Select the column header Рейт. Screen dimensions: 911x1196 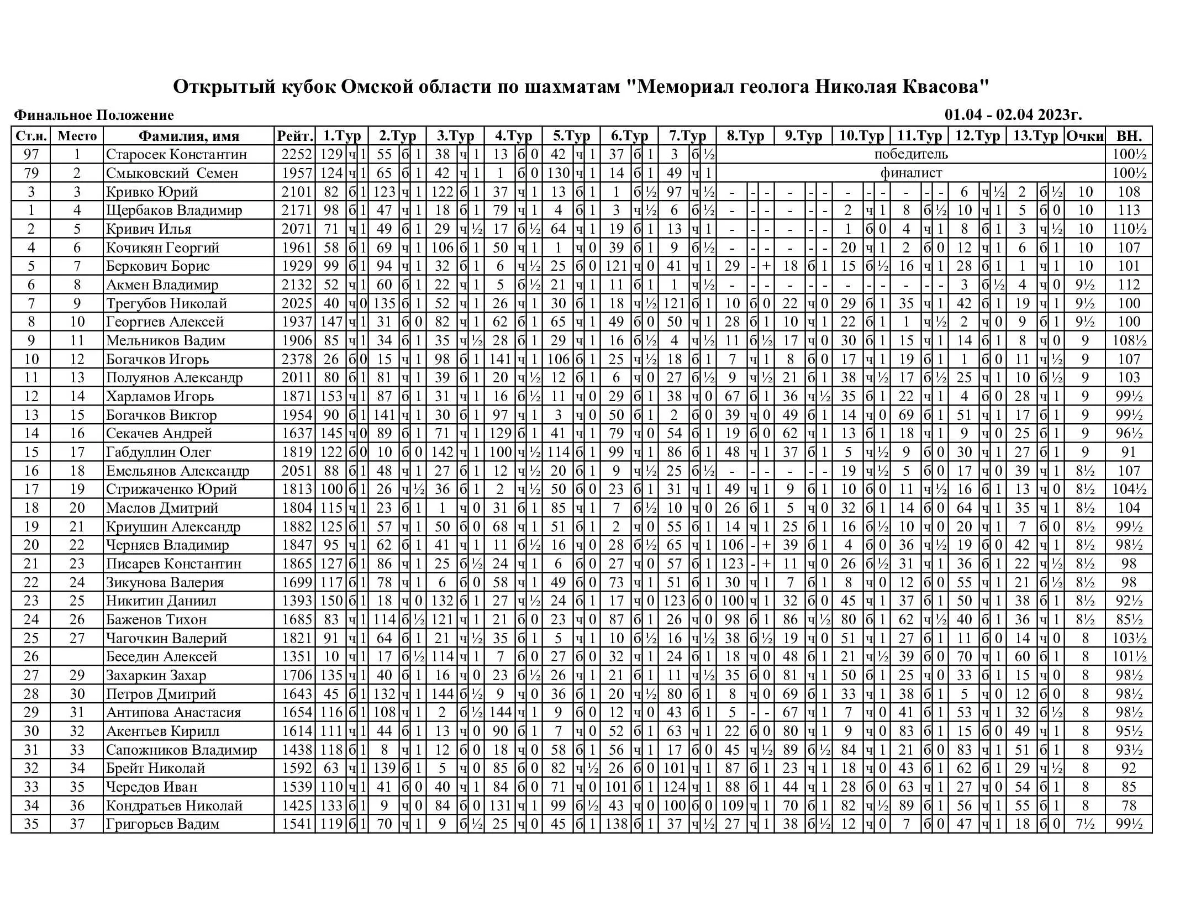point(295,136)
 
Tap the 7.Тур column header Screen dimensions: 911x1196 point(687,136)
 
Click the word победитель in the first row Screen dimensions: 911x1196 point(911,154)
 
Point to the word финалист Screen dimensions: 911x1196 point(911,173)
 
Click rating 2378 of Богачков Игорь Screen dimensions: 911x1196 point(297,359)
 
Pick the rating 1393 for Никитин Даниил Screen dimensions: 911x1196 point(297,601)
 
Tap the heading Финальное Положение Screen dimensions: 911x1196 point(94,115)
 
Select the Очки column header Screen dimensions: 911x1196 point(1085,136)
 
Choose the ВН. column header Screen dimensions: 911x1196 point(1129,136)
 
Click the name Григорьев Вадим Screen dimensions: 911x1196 point(162,824)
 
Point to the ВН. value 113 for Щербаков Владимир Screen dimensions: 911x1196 point(1129,210)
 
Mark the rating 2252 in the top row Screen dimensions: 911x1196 point(297,155)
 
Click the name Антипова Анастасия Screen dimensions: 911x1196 point(173,713)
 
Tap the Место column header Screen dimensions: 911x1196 point(77,136)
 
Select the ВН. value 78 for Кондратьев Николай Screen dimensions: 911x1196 point(1129,805)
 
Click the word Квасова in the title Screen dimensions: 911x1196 point(945,87)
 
